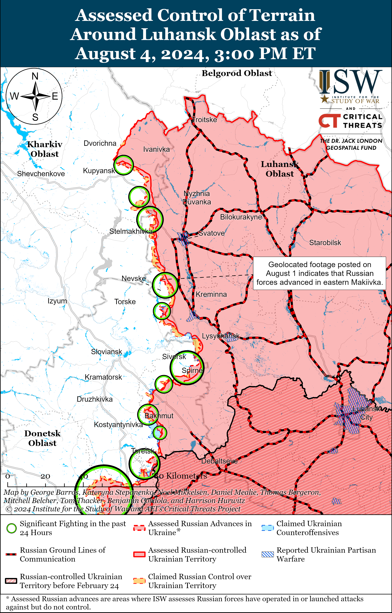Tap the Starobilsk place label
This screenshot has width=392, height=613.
pos(325,243)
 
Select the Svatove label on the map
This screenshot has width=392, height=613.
pos(211,233)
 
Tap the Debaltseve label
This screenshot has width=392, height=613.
pos(219,461)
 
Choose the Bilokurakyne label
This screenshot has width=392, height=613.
pos(241,217)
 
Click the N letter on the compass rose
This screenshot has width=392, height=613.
pos(35,76)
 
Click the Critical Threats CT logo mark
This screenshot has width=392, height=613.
pos(329,121)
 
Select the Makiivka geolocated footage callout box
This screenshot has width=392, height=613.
pos(319,273)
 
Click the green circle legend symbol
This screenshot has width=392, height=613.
pos(12,528)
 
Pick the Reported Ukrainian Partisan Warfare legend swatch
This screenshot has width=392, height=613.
pos(268,554)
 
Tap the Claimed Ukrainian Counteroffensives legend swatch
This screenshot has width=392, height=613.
pos(268,528)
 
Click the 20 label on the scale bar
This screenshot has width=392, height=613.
pos(45,476)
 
